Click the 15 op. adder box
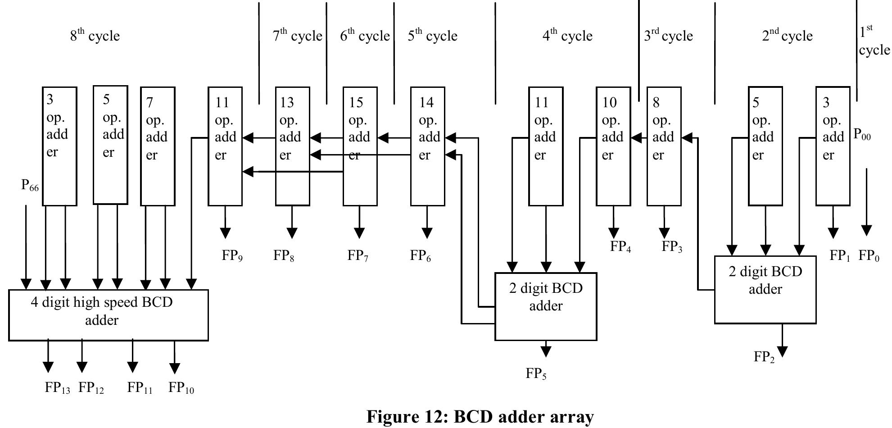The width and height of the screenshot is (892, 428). tap(360, 146)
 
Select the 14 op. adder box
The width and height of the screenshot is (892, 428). tap(427, 146)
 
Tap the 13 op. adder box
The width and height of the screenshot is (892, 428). tap(292, 146)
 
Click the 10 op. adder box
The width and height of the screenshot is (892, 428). tap(613, 146)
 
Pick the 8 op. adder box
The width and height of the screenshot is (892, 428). tap(664, 146)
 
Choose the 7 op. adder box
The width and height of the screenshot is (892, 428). tap(158, 146)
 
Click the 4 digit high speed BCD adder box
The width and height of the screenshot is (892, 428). tap(109, 315)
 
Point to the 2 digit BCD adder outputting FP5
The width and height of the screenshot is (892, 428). tap(546, 306)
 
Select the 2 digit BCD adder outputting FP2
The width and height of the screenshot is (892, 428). tap(765, 289)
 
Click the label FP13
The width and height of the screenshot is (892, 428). tap(57, 388)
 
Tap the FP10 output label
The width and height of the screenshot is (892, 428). tap(181, 388)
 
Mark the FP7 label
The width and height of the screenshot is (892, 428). tap(358, 256)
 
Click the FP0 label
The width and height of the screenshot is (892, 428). tap(869, 256)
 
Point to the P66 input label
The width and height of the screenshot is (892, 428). tap(30, 185)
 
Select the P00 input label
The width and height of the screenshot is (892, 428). tap(862, 135)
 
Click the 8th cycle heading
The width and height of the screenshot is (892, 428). tap(95, 36)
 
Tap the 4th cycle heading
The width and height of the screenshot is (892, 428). tap(567, 36)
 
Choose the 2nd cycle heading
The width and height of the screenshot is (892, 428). tap(787, 36)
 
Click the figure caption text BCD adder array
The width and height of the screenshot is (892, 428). tap(480, 417)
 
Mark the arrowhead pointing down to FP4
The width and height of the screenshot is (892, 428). tap(613, 233)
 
